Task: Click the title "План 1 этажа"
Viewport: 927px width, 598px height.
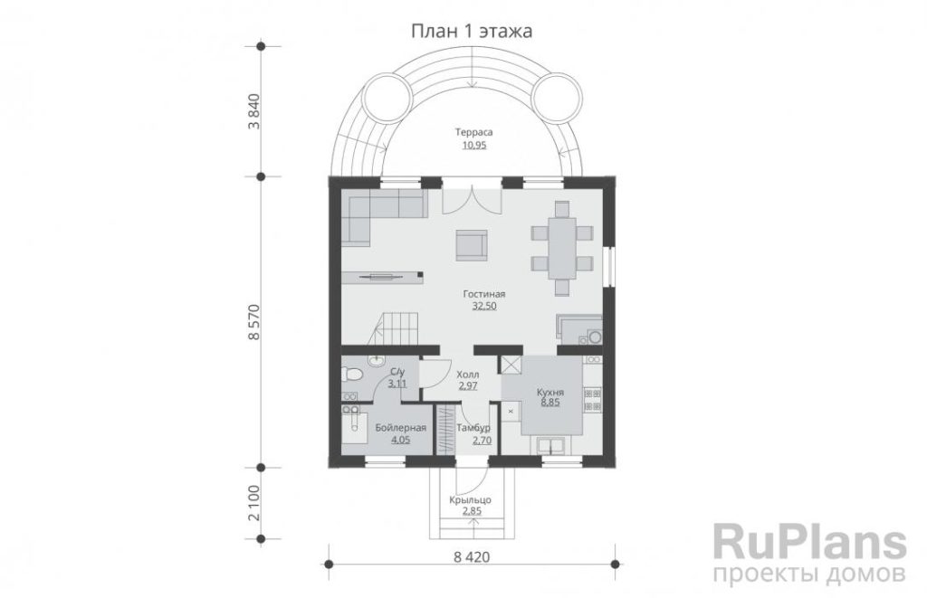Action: (x=471, y=31)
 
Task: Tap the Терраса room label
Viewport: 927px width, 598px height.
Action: (x=473, y=132)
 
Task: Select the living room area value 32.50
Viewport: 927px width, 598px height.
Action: (x=484, y=306)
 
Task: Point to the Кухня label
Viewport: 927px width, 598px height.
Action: (x=550, y=393)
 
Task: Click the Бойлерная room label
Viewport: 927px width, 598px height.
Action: (x=401, y=429)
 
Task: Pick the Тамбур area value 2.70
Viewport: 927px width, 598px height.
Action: (x=482, y=441)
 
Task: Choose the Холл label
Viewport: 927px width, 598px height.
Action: (x=468, y=375)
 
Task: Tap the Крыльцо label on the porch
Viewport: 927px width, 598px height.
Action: (x=470, y=500)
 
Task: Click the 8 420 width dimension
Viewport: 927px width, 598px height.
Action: (x=472, y=556)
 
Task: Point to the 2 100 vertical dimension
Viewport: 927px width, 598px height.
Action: (x=254, y=503)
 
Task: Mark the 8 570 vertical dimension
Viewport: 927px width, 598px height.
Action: (x=254, y=322)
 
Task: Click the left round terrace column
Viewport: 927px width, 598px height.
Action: (x=387, y=98)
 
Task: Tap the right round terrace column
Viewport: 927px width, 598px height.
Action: (x=558, y=98)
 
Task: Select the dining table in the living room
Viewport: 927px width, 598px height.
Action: (x=561, y=248)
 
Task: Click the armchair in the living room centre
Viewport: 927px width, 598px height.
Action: (x=471, y=245)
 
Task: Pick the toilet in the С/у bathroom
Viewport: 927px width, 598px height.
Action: (x=352, y=375)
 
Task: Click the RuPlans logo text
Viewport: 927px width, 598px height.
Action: (x=810, y=542)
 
